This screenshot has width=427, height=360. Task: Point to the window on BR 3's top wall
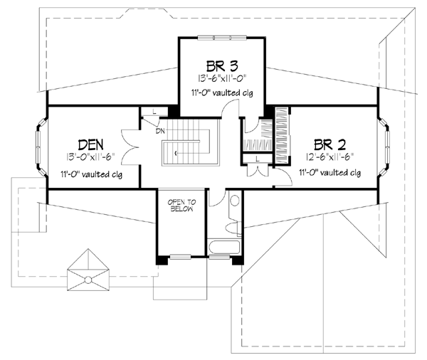pos(221,36)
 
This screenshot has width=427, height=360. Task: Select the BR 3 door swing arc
pos(229,108)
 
